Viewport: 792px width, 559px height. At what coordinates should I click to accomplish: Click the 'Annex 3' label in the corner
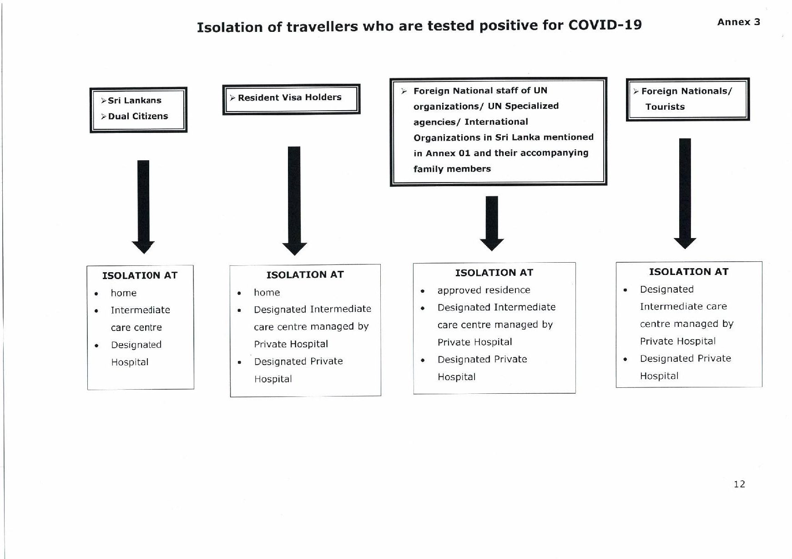pyautogui.click(x=738, y=22)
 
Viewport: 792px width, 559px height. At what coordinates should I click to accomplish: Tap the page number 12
pyautogui.click(x=739, y=484)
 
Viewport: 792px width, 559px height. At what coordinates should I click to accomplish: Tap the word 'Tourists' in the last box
pyautogui.click(x=665, y=107)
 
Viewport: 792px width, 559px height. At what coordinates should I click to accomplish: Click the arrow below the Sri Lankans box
pyautogui.click(x=143, y=207)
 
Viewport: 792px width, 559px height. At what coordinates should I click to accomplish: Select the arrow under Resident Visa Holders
pyautogui.click(x=294, y=201)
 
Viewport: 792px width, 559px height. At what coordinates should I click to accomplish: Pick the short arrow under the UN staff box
pyautogui.click(x=492, y=223)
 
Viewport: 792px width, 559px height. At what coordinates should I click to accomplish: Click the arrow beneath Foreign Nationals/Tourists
pyautogui.click(x=685, y=193)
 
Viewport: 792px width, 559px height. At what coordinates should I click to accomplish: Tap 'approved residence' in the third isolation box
pyautogui.click(x=484, y=290)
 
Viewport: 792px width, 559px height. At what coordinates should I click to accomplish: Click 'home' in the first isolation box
pyautogui.click(x=123, y=293)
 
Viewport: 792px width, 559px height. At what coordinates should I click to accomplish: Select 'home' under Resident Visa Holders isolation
pyautogui.click(x=267, y=292)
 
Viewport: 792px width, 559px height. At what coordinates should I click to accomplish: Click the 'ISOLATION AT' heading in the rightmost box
pyautogui.click(x=688, y=272)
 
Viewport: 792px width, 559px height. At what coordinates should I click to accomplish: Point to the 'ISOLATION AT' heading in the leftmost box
pyautogui.click(x=140, y=275)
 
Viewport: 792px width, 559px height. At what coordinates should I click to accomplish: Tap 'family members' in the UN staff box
pyautogui.click(x=452, y=169)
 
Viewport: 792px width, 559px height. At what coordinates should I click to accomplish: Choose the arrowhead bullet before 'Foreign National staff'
pyautogui.click(x=404, y=91)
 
